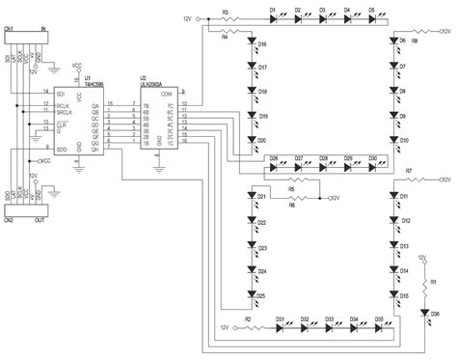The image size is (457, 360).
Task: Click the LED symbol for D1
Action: point(273,18)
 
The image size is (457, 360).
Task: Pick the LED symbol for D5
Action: point(371,18)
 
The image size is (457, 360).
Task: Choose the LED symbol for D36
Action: point(423,311)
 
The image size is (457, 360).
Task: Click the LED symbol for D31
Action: point(281,326)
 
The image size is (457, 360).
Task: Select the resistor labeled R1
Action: point(423,283)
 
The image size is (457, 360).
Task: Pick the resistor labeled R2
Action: point(248,326)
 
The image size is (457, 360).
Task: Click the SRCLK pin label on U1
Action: point(65,113)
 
